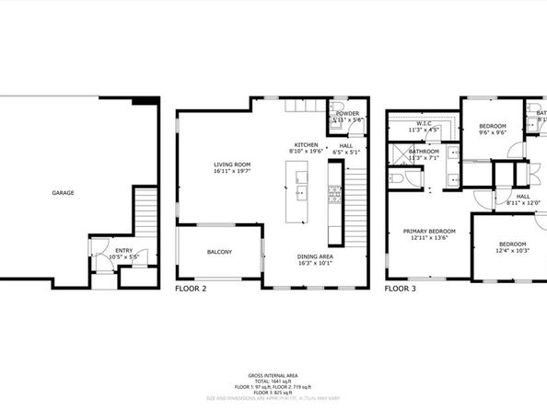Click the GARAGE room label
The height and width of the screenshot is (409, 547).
tap(63, 193)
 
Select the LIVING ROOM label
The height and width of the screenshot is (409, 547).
tap(231, 165)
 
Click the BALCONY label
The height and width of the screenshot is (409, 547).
tap(219, 252)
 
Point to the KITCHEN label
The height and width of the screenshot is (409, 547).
tap(306, 145)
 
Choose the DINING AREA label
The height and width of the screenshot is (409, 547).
tap(315, 256)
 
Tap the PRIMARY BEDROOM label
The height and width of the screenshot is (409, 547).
tap(429, 231)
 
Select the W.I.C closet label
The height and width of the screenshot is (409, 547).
tap(425, 124)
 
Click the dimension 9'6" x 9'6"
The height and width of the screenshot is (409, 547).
tap(493, 132)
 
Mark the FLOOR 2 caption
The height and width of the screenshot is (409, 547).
tap(192, 288)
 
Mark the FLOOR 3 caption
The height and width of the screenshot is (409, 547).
tap(401, 288)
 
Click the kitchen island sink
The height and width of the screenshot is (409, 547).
tap(301, 193)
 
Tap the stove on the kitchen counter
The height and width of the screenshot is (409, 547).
tap(335, 194)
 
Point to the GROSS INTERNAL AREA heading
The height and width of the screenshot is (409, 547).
tap(273, 375)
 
